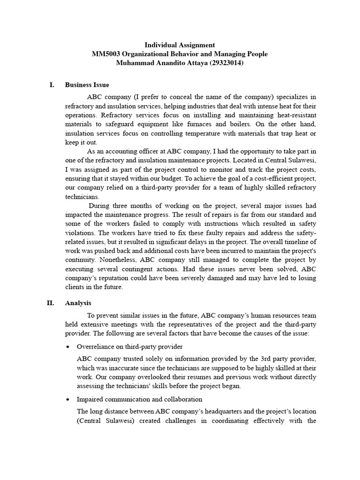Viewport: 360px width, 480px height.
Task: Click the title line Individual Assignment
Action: pyautogui.click(x=180, y=45)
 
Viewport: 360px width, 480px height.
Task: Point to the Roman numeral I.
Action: pyautogui.click(x=52, y=85)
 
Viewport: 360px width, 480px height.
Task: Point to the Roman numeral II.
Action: pyautogui.click(x=51, y=303)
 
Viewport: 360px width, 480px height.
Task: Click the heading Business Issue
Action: pyautogui.click(x=87, y=85)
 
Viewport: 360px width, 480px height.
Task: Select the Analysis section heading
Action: pyautogui.click(x=78, y=303)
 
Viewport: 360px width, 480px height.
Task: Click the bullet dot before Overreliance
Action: pyautogui.click(x=69, y=346)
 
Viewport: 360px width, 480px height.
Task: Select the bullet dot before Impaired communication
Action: pyautogui.click(x=69, y=399)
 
